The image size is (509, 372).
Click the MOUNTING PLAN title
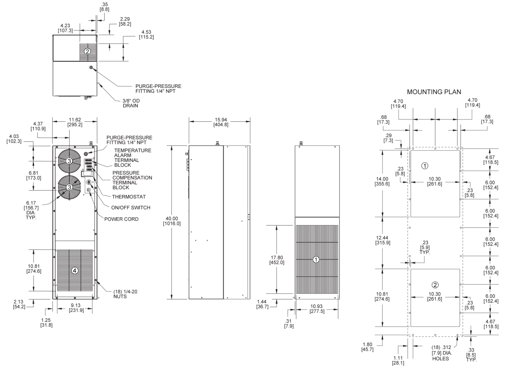point(434,92)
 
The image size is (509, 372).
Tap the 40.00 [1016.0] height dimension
point(172,221)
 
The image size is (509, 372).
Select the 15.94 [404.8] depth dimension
point(221,122)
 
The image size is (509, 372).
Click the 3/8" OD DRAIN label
point(131,103)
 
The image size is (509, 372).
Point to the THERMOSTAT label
point(129,197)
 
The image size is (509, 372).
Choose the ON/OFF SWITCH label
point(130,208)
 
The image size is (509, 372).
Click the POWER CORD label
point(121,219)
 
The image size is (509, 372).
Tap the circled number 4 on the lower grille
point(75,270)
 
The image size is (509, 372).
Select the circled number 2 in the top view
point(87,51)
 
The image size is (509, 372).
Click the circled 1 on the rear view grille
point(316,259)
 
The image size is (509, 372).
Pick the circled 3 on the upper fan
point(69,161)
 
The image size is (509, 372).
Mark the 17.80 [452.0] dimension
point(277,260)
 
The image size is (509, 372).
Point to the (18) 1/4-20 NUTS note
point(125,294)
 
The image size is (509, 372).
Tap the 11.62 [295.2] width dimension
point(75,122)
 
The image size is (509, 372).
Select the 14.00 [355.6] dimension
point(383,181)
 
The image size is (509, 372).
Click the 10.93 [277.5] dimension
point(317,309)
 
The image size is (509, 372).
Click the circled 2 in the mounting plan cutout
point(435,285)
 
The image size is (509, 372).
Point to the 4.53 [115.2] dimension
point(146,35)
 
